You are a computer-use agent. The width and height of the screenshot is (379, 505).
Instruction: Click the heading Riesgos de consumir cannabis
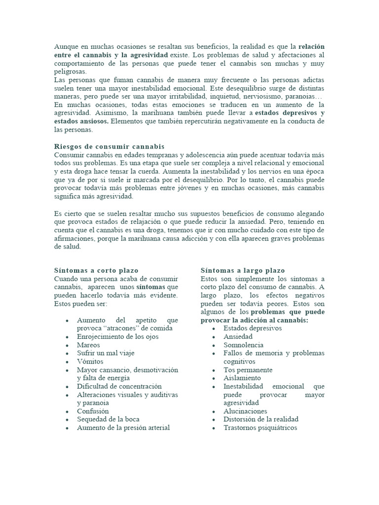click(x=109, y=147)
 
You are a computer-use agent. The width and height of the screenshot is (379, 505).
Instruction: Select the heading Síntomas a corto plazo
click(x=96, y=271)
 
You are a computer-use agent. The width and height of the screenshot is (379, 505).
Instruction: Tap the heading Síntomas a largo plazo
click(x=243, y=271)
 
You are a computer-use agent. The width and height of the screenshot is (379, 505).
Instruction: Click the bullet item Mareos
click(x=88, y=345)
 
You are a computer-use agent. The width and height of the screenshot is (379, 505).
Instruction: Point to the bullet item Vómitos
click(x=90, y=361)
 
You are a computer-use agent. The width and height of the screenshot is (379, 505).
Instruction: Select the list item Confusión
click(x=93, y=411)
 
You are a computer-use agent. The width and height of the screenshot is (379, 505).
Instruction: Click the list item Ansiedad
click(x=238, y=337)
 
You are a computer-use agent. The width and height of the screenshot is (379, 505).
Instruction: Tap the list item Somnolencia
click(x=243, y=345)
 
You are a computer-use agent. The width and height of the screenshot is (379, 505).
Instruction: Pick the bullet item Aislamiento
click(x=242, y=378)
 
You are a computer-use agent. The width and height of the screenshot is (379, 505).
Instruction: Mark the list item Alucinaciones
click(x=245, y=411)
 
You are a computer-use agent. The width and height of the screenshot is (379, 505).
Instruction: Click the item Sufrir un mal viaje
click(x=106, y=353)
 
